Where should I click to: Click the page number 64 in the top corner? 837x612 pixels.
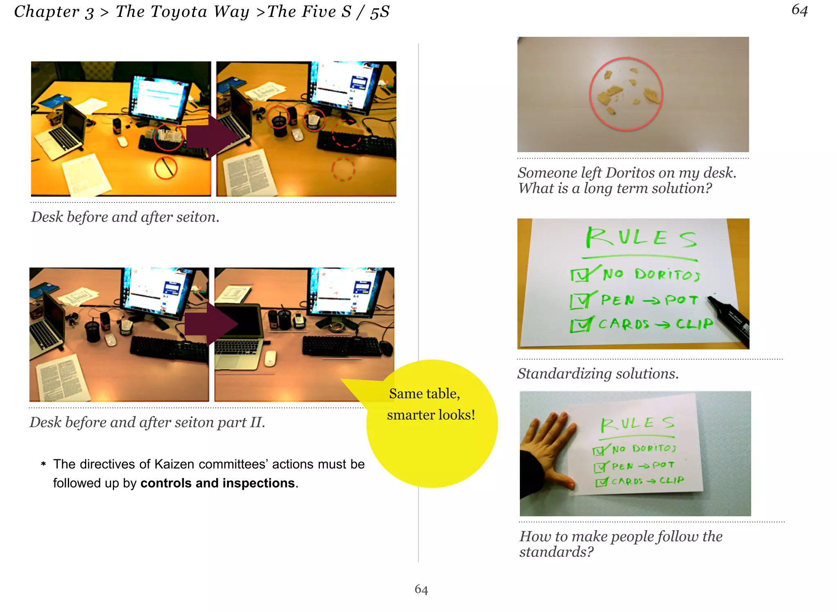pyautogui.click(x=799, y=10)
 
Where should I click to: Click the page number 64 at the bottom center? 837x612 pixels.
pyautogui.click(x=421, y=589)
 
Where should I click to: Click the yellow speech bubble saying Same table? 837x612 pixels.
pyautogui.click(x=432, y=425)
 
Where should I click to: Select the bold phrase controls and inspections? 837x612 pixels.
pyautogui.click(x=217, y=483)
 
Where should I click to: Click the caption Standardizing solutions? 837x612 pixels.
pyautogui.click(x=598, y=373)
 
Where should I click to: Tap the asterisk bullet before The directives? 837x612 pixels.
pyautogui.click(x=43, y=464)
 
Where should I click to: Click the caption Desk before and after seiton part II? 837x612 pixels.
pyautogui.click(x=148, y=422)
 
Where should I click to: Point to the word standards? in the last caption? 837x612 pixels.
pyautogui.click(x=556, y=552)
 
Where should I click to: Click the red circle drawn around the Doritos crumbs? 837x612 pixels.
pyautogui.click(x=590, y=94)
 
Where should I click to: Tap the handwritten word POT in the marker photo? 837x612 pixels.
pyautogui.click(x=681, y=300)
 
